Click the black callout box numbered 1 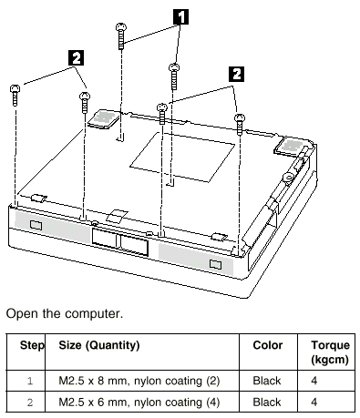[180, 16]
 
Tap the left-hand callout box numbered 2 [77, 57]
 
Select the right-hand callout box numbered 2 [236, 74]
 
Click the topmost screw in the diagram [121, 36]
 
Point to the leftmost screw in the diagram [15, 96]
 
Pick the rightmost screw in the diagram [240, 125]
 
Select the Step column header [32, 345]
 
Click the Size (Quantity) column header [99, 345]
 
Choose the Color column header [268, 345]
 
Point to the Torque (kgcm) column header [330, 352]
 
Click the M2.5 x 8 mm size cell [139, 381]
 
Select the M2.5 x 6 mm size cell [139, 403]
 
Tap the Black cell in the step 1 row [267, 381]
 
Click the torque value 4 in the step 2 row [314, 403]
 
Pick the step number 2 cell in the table [30, 403]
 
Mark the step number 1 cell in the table [30, 381]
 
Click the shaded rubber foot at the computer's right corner [291, 147]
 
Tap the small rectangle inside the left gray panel [36, 225]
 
